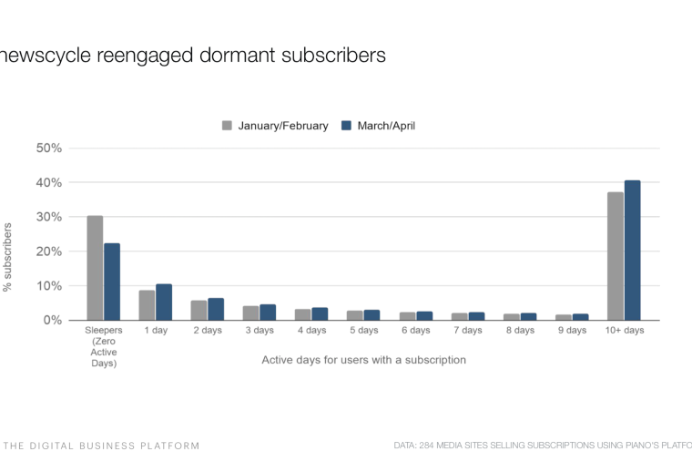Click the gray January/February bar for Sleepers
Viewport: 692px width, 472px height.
pyautogui.click(x=95, y=268)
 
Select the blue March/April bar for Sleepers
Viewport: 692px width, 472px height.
pyautogui.click(x=112, y=282)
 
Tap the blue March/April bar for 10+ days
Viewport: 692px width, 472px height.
pyautogui.click(x=633, y=251)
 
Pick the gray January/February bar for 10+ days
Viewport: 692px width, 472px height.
pyautogui.click(x=616, y=256)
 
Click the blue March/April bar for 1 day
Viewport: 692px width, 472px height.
pyautogui.click(x=164, y=303)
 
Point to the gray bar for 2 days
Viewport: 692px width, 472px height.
pyautogui.click(x=198, y=311)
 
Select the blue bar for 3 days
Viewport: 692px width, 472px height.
pyautogui.click(x=268, y=313)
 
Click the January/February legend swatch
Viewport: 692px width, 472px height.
pyautogui.click(x=227, y=126)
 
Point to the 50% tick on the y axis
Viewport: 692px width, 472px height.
pyautogui.click(x=49, y=149)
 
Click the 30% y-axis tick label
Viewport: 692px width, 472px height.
pyautogui.click(x=49, y=217)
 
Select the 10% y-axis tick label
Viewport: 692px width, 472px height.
pyautogui.click(x=49, y=286)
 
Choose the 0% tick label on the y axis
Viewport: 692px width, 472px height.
pyautogui.click(x=53, y=321)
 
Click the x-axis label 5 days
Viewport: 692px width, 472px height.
pyautogui.click(x=363, y=331)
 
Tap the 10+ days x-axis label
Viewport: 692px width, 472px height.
pyautogui.click(x=624, y=331)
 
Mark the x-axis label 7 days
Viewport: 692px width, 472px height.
pyautogui.click(x=468, y=331)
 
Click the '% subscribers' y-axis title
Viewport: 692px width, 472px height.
pyautogui.click(x=8, y=257)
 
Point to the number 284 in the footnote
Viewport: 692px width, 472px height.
pyautogui.click(x=431, y=446)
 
